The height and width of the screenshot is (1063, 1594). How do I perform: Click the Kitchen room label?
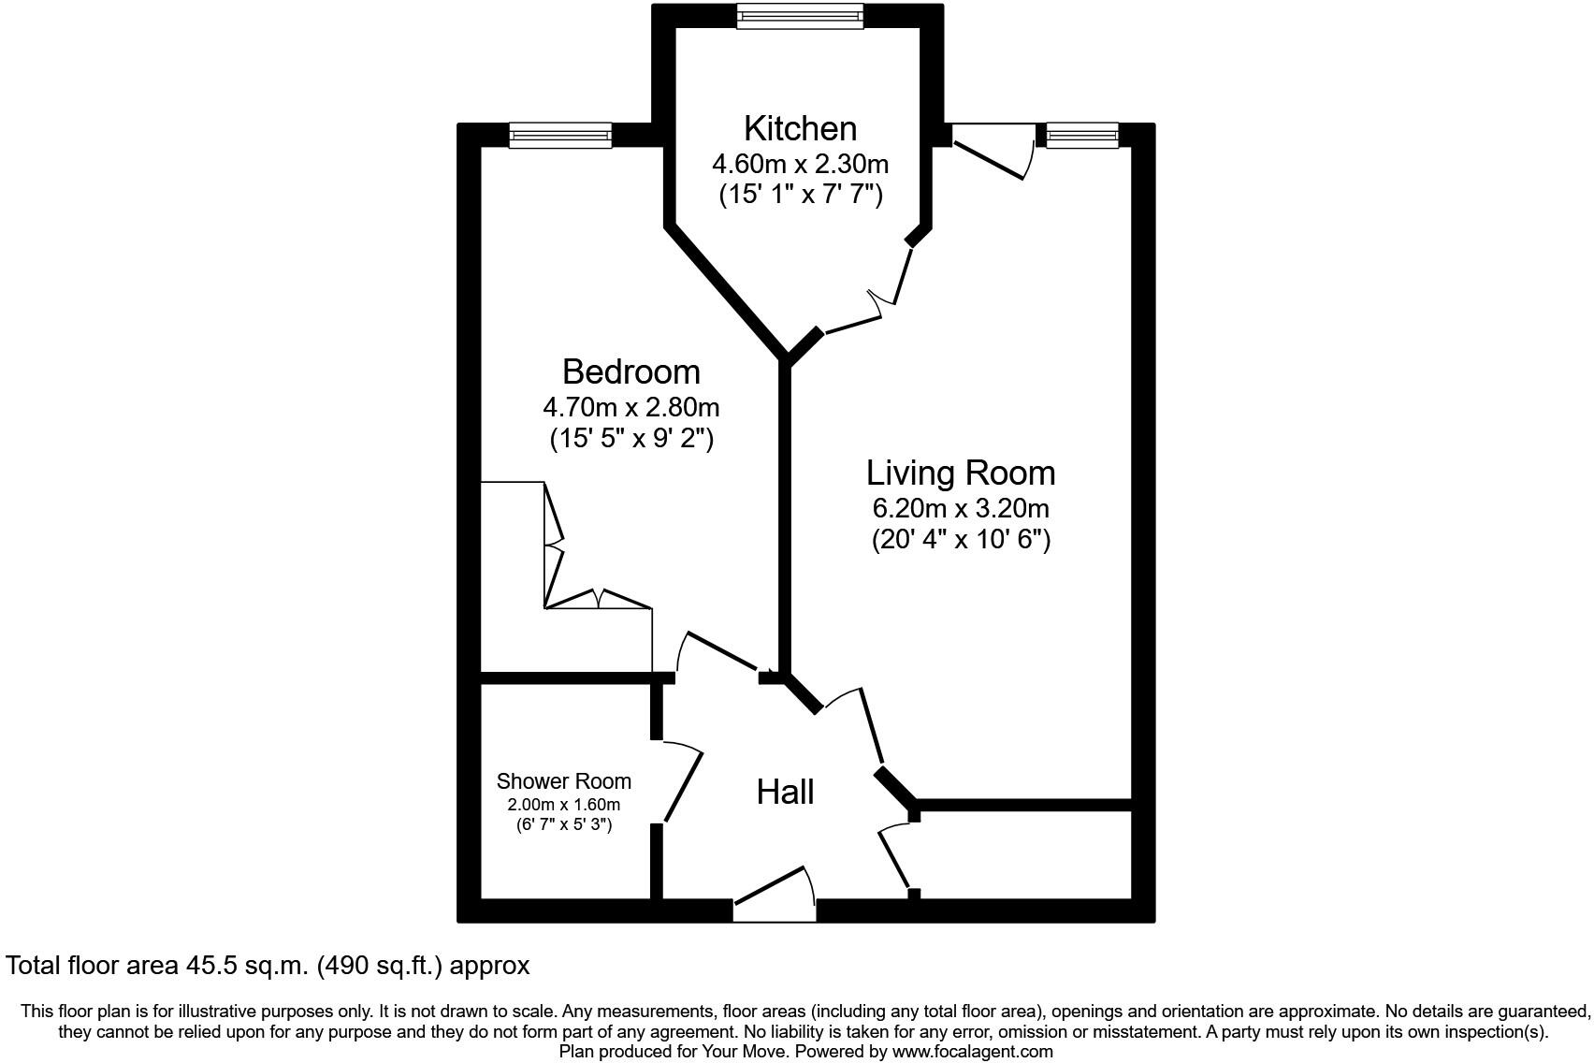point(800,128)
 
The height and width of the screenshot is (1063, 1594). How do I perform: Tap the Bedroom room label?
point(630,371)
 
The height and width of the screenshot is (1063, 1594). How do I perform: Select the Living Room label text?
point(961,473)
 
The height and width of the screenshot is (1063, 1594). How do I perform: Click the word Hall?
point(785,793)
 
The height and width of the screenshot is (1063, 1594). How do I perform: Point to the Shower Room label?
point(563,781)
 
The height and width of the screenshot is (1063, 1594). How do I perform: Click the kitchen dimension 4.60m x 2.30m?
point(800,165)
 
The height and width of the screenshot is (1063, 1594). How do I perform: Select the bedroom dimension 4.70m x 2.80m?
point(630,408)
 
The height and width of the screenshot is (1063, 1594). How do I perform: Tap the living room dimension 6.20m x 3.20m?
point(961,509)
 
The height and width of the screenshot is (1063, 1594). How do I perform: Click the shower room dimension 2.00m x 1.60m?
point(563,805)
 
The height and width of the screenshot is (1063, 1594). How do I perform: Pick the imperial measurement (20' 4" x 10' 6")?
point(961,540)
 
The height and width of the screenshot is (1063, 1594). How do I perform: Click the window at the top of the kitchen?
point(800,16)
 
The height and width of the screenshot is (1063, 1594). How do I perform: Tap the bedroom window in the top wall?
point(560,136)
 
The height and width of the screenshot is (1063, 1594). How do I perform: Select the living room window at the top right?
point(1082,136)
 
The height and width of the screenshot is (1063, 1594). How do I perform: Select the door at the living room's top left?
point(992,154)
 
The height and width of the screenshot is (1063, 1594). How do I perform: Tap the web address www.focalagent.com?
point(972,1052)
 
